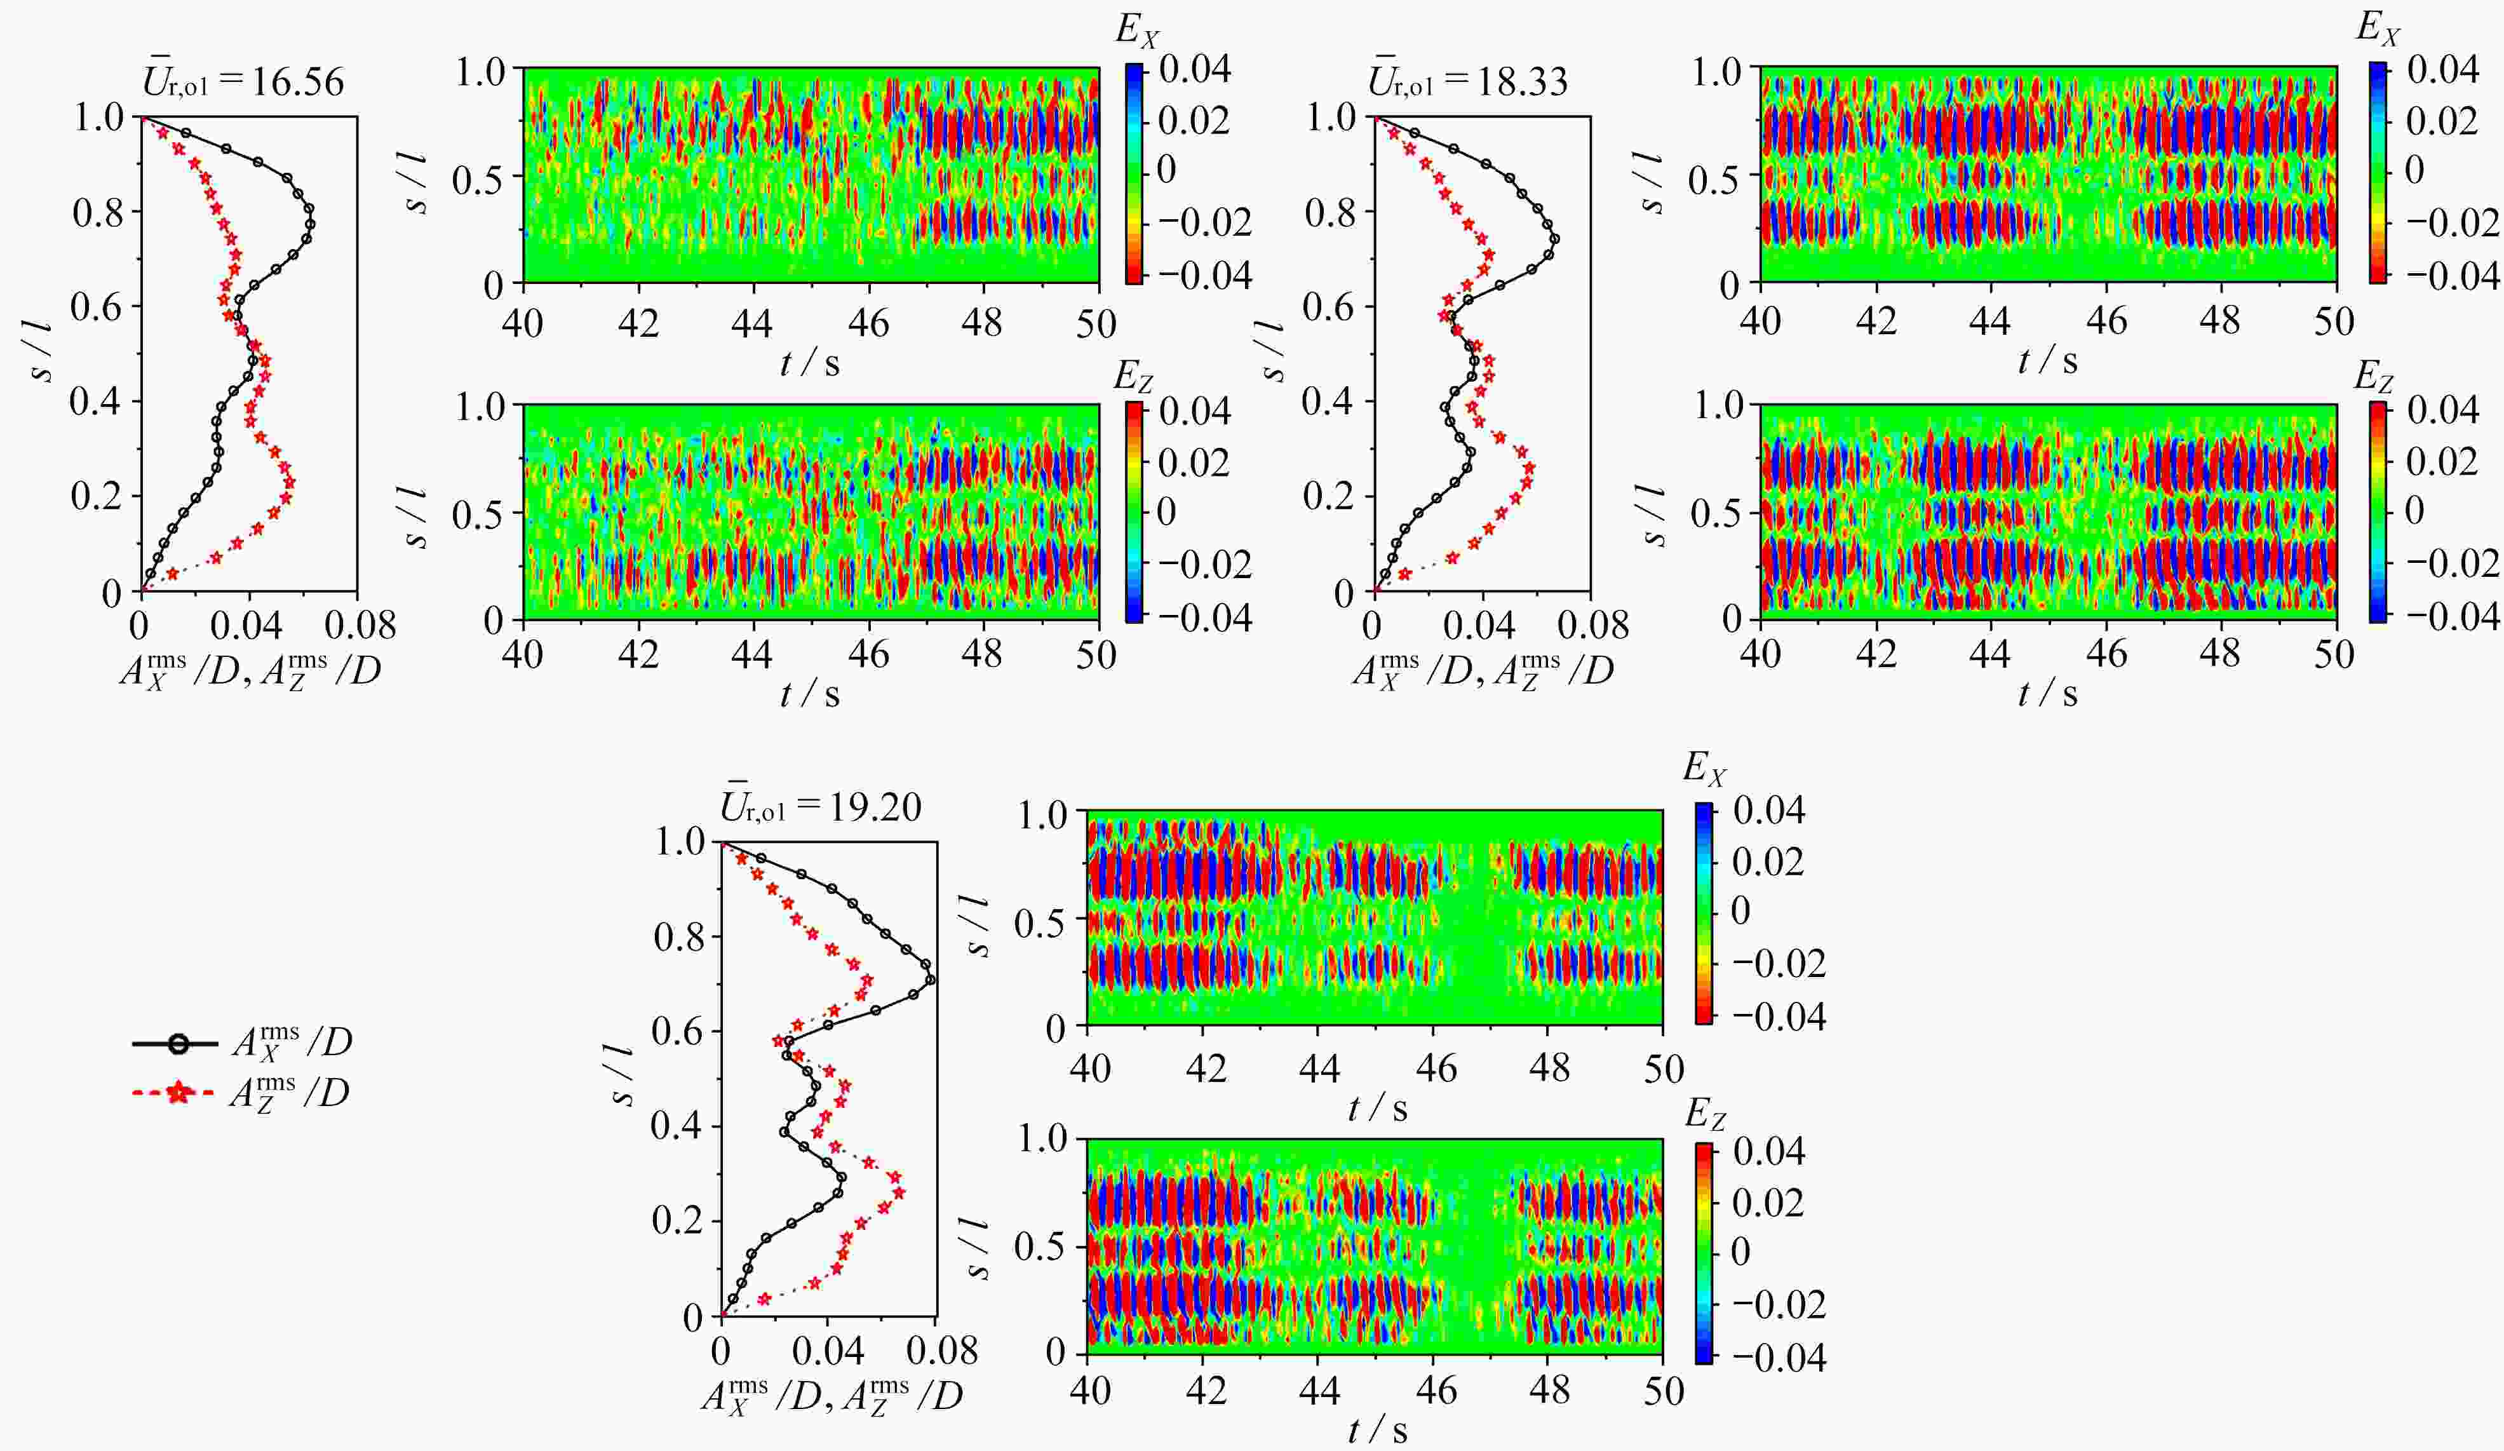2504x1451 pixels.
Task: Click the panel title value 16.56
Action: pos(297,81)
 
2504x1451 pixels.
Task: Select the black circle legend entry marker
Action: pos(177,1044)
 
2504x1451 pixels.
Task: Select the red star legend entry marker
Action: pos(177,1094)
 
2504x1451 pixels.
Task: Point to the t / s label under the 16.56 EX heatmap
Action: pos(810,364)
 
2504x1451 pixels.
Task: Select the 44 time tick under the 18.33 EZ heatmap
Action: pos(1991,655)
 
